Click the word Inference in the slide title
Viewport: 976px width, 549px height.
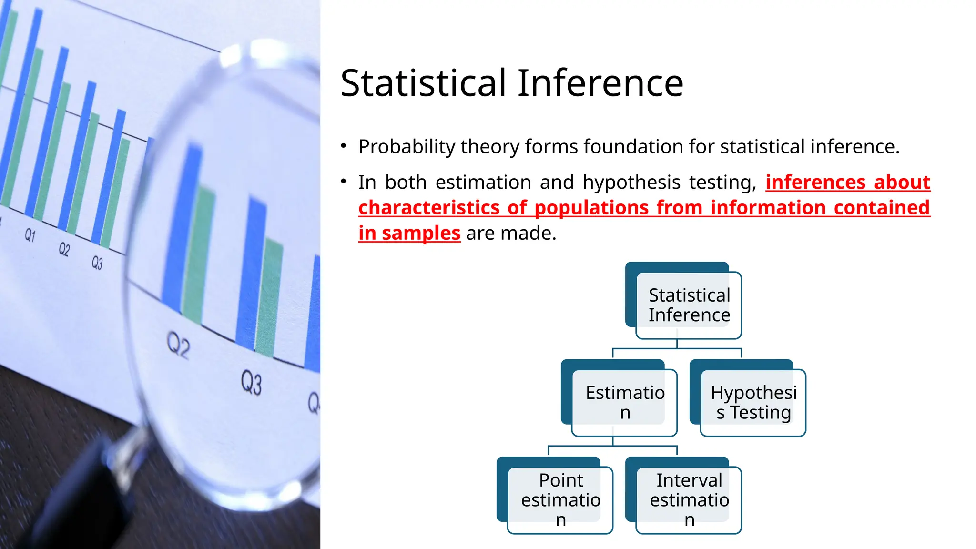[x=600, y=83]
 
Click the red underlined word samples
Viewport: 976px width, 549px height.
[x=421, y=233]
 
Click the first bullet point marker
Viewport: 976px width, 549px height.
[x=344, y=146]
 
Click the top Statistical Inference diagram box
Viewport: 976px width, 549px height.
[x=689, y=305]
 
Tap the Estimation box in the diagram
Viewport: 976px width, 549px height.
[x=624, y=402]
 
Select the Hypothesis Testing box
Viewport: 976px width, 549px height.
[x=753, y=402]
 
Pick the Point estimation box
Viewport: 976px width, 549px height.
[x=560, y=499]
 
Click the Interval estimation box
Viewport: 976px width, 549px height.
[x=689, y=499]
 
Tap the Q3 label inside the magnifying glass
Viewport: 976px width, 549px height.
[x=251, y=383]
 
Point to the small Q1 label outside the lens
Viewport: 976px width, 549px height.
[x=30, y=235]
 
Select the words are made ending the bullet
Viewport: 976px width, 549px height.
[x=511, y=233]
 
